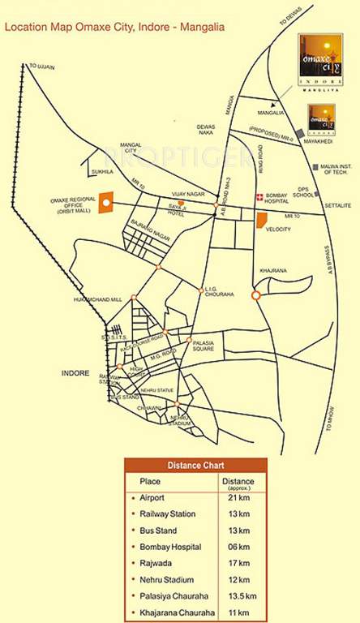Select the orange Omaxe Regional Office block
pyautogui.click(x=105, y=203)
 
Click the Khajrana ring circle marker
pyautogui.click(x=255, y=296)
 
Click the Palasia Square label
pyautogui.click(x=204, y=346)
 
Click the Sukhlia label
pyautogui.click(x=101, y=172)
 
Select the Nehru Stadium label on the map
pyautogui.click(x=180, y=420)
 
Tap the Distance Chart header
pyautogui.click(x=195, y=466)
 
